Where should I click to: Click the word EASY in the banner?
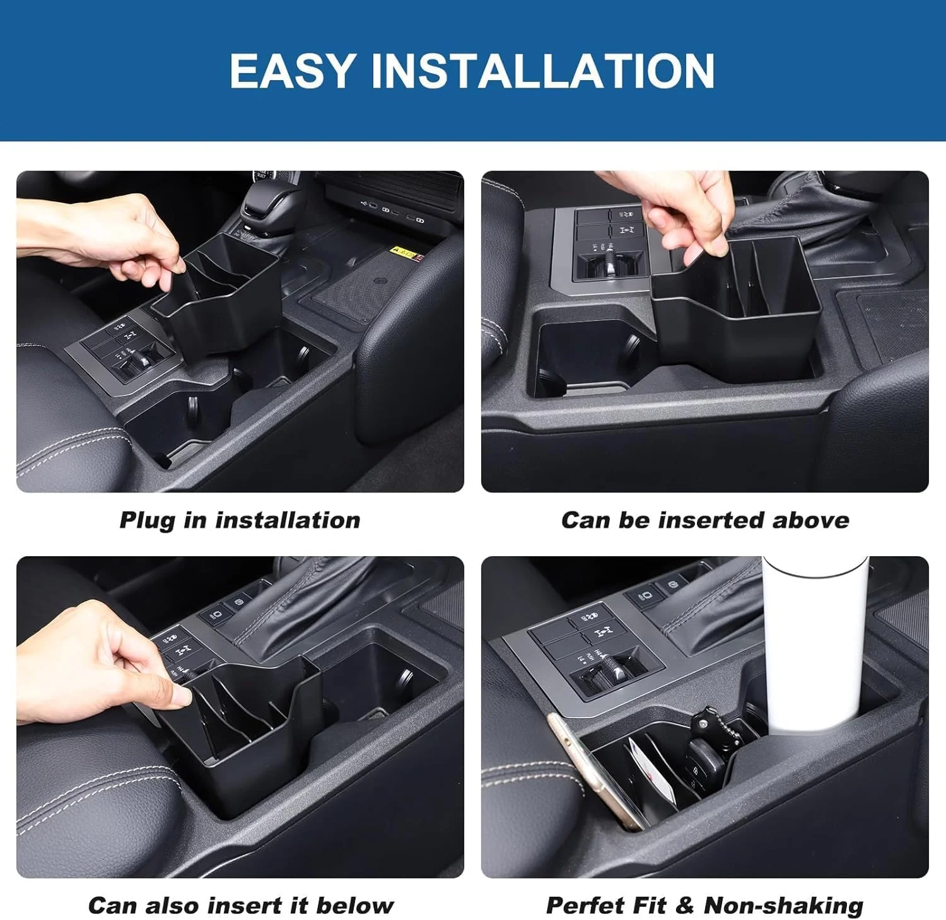293,70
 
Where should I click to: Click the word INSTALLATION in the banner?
543,70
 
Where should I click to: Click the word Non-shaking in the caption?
783,906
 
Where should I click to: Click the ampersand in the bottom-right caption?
684,905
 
